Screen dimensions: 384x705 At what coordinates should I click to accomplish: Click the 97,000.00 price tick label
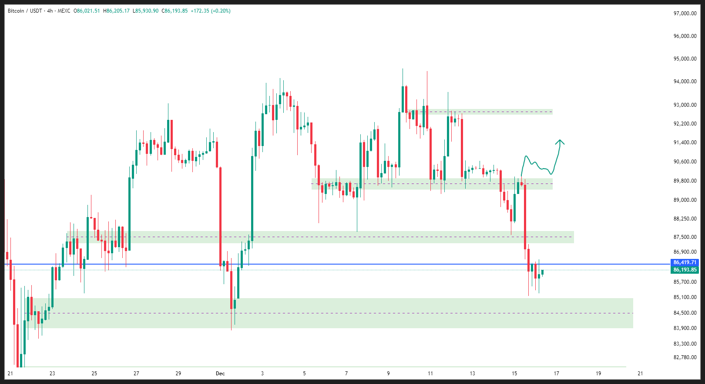pyautogui.click(x=685, y=14)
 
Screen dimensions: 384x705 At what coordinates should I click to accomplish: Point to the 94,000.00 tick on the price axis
pyautogui.click(x=685, y=82)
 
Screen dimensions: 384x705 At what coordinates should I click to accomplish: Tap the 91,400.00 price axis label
pyautogui.click(x=685, y=143)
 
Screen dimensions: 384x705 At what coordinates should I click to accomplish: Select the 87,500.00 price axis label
pyautogui.click(x=685, y=237)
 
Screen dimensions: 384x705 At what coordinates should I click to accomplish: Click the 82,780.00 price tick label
pyautogui.click(x=685, y=357)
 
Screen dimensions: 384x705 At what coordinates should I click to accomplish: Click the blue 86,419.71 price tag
pyautogui.click(x=685, y=262)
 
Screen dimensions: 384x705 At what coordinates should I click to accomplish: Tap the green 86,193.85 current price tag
pyautogui.click(x=685, y=270)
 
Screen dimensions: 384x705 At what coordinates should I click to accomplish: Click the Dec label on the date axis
pyautogui.click(x=220, y=374)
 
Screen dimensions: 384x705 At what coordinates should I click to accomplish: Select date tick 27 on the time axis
pyautogui.click(x=136, y=374)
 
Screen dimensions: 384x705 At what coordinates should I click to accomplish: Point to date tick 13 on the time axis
pyautogui.click(x=473, y=374)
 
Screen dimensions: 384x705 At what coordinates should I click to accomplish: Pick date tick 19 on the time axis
pyautogui.click(x=598, y=374)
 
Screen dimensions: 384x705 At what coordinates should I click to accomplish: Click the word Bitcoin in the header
pyautogui.click(x=16, y=11)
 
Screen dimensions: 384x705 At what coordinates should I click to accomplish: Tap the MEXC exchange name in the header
pyautogui.click(x=64, y=11)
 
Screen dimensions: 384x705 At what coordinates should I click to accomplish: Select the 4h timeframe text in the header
pyautogui.click(x=50, y=11)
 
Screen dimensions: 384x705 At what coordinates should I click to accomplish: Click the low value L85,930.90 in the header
pyautogui.click(x=145, y=11)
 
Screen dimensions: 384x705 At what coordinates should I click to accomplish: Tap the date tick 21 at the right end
pyautogui.click(x=640, y=374)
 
